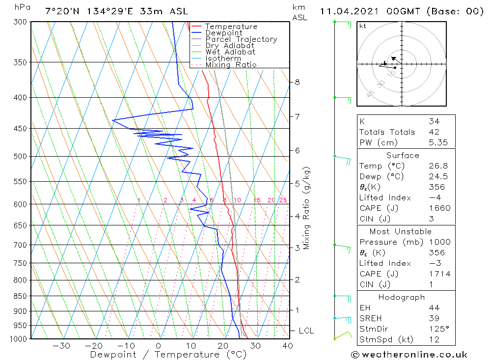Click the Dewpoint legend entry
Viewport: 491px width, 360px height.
click(224, 33)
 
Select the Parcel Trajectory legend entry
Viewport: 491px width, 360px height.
click(241, 39)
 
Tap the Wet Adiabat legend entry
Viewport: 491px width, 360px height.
click(230, 52)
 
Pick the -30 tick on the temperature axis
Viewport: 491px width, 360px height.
click(61, 346)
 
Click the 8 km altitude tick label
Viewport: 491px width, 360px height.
click(297, 82)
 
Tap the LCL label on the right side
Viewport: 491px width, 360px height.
click(306, 331)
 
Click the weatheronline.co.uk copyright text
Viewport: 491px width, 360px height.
click(409, 355)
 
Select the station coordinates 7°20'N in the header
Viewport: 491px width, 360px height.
click(60, 11)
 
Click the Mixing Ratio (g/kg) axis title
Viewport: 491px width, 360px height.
click(307, 208)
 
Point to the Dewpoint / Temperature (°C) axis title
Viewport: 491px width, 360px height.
click(168, 355)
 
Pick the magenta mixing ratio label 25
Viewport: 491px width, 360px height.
click(283, 200)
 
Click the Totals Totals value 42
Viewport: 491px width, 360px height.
click(434, 132)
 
